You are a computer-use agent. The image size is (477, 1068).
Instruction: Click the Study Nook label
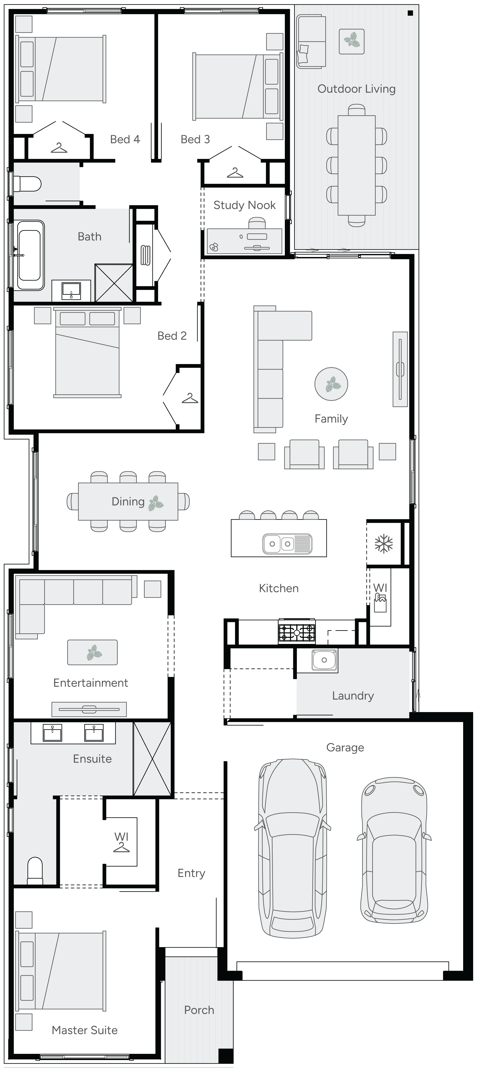(x=244, y=205)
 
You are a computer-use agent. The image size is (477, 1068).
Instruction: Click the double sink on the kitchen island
(x=287, y=544)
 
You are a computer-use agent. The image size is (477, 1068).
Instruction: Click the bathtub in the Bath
(x=30, y=255)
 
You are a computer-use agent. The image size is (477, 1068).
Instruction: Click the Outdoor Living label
(x=356, y=89)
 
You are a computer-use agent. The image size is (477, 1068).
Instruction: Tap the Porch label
(x=199, y=1010)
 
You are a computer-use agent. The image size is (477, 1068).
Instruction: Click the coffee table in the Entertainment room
(x=92, y=652)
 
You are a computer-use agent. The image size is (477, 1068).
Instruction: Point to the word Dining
(x=128, y=502)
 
